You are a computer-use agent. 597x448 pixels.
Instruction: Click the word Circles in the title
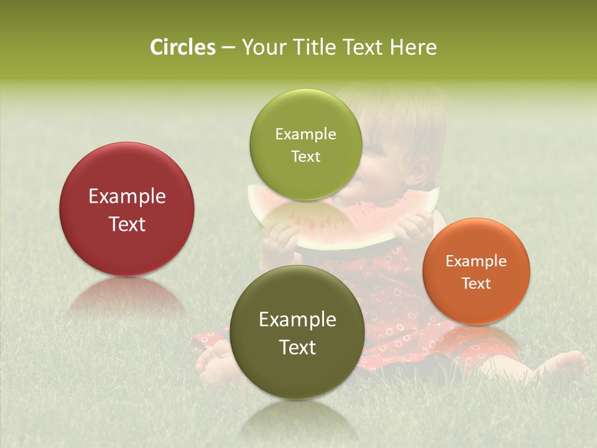click(182, 47)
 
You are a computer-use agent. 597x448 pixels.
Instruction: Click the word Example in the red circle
click(127, 197)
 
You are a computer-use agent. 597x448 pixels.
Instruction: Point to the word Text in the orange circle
click(476, 284)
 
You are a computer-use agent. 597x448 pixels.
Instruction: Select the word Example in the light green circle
click(305, 134)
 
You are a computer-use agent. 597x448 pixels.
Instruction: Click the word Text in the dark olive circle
click(297, 347)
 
